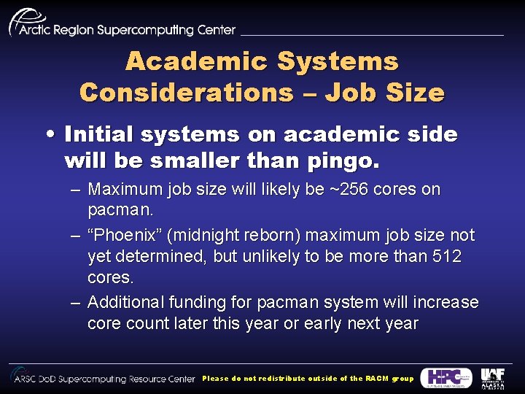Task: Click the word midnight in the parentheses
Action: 199,236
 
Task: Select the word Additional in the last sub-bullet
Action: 126,302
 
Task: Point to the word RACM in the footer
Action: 378,379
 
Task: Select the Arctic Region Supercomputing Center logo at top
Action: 122,23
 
